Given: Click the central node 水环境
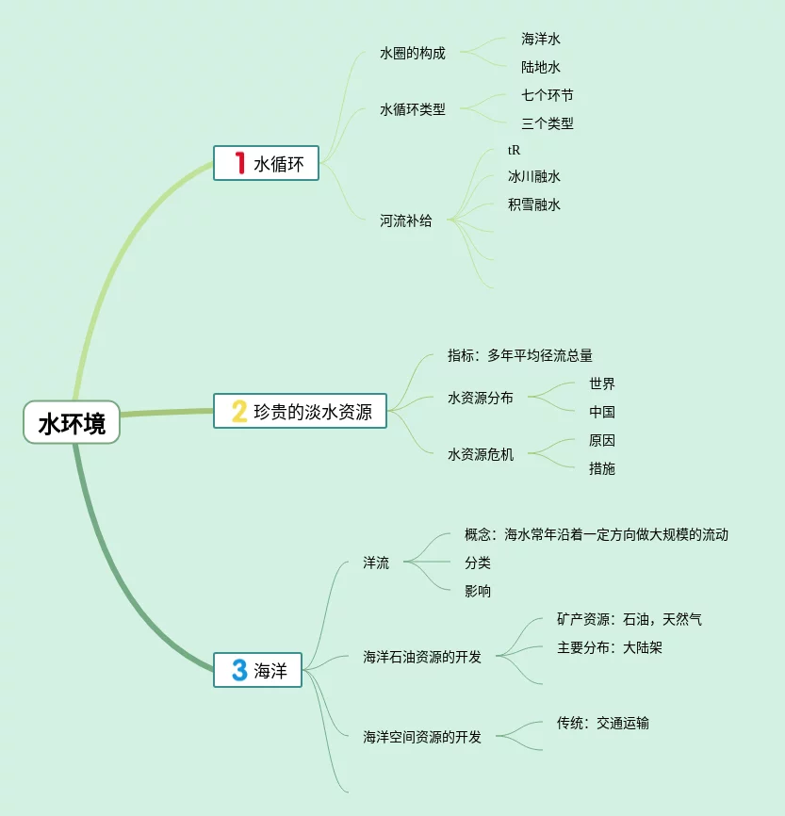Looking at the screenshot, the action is [72, 423].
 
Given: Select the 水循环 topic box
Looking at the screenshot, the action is [267, 164].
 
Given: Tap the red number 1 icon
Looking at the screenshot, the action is [239, 164].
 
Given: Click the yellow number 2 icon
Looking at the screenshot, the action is [239, 412].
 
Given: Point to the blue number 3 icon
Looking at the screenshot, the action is [239, 671].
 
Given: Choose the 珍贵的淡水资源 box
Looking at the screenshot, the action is [301, 412].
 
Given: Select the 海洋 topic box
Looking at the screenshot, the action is [257, 671].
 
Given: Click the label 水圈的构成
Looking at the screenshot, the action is [413, 54].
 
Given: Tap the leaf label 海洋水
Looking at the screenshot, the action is [541, 39].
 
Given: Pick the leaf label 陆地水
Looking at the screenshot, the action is [541, 67].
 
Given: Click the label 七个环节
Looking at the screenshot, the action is [548, 95].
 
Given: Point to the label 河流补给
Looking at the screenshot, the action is [406, 221].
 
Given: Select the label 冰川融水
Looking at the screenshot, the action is [534, 176].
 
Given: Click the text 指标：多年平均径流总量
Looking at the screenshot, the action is [520, 356].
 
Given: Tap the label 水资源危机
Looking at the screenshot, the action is [481, 454].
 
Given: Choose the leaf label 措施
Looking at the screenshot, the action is [602, 468].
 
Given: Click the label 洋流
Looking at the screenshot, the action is [376, 563].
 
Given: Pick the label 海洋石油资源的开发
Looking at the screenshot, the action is [422, 657].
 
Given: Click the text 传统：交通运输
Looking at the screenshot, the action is [603, 723].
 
